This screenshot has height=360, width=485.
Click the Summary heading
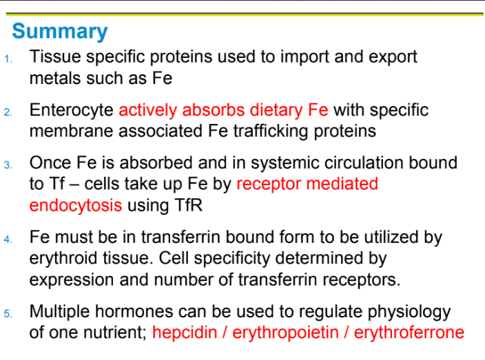(x=60, y=32)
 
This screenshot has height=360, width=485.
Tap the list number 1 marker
(x=7, y=59)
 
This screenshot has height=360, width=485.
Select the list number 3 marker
(x=7, y=166)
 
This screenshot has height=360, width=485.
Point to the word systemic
(x=293, y=163)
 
